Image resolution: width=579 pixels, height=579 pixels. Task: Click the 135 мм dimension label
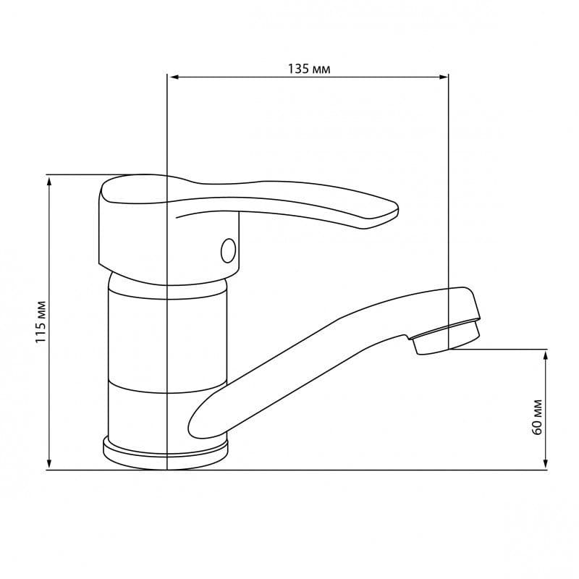(309, 69)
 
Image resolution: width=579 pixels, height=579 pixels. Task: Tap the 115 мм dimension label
(41, 322)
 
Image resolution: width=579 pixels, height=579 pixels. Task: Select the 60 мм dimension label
(537, 417)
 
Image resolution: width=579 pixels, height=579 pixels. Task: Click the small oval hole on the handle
(228, 250)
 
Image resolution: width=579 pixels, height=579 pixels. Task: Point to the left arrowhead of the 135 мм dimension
(173, 77)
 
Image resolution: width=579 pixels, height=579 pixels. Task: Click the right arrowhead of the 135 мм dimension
(443, 77)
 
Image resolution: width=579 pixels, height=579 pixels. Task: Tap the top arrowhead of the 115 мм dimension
(49, 182)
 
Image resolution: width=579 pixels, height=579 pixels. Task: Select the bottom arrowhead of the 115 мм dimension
(49, 464)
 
